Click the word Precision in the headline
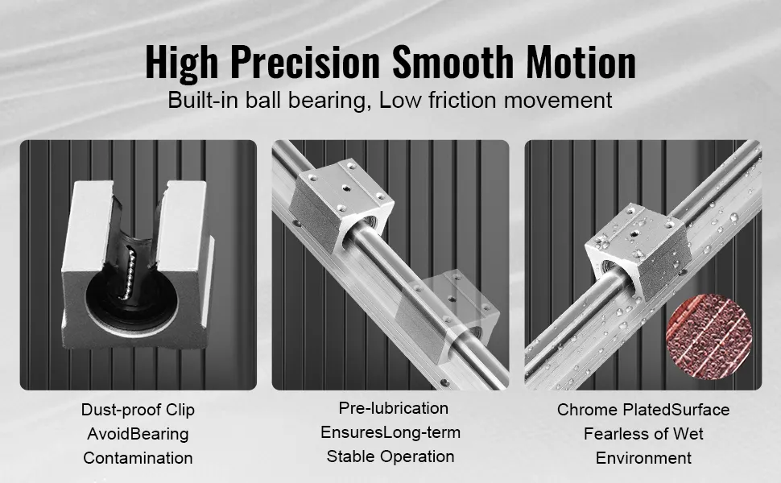305,62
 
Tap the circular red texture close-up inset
709,336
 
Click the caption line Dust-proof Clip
138,410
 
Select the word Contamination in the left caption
138,457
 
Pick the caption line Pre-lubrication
394,408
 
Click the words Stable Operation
390,456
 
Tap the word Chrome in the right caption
588,410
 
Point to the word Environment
643,457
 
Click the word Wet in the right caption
688,434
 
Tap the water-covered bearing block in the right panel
638,252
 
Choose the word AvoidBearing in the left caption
138,434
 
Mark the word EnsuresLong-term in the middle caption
390,432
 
